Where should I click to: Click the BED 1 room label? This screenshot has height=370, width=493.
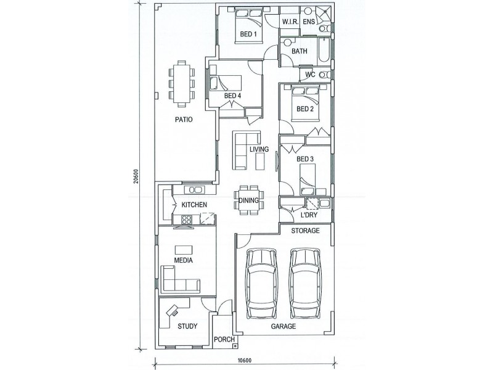(x=248, y=34)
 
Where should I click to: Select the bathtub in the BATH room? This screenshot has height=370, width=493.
(x=324, y=50)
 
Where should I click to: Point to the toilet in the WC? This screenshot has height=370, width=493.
(x=324, y=75)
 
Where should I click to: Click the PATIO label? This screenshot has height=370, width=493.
(x=184, y=120)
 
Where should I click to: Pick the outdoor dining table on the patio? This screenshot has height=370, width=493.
(x=182, y=84)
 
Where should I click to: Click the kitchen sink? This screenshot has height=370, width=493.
(x=194, y=190)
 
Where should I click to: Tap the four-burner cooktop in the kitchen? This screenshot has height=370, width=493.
(x=187, y=220)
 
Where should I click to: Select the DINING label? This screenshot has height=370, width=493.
(x=248, y=200)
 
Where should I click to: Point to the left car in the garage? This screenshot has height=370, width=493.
(x=261, y=283)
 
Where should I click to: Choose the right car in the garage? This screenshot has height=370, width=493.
(x=305, y=283)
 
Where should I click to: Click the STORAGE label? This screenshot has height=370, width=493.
(x=305, y=231)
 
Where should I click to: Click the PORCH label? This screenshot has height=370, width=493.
(x=224, y=340)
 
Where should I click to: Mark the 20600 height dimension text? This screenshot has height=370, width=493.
(x=136, y=176)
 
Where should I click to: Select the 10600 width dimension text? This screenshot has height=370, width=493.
(x=244, y=361)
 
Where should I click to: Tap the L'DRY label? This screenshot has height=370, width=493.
(x=309, y=215)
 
